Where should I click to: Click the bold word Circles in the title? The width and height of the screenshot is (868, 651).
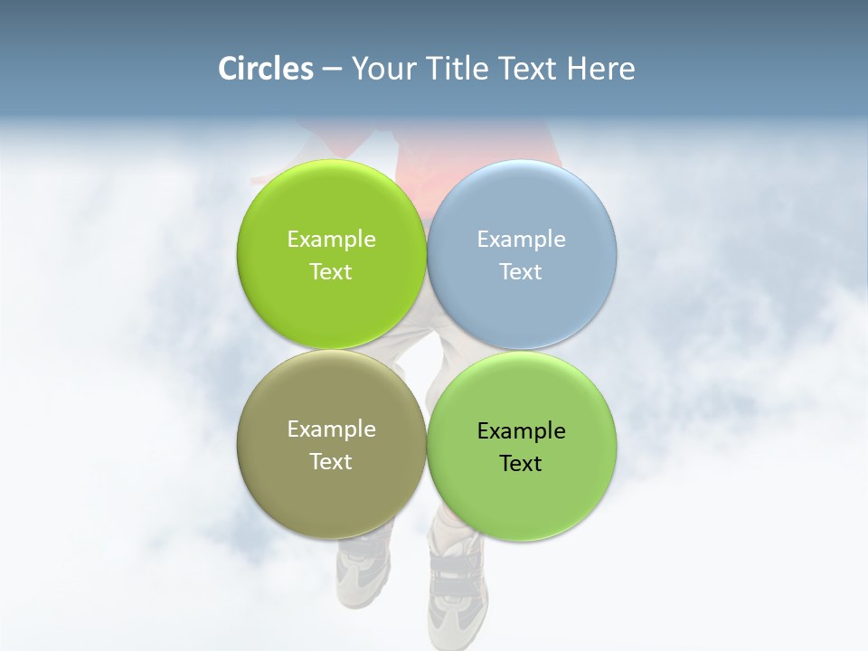[x=265, y=69]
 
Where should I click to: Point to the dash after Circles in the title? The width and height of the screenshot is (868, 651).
[x=332, y=69]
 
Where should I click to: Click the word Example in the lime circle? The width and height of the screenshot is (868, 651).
[x=331, y=239]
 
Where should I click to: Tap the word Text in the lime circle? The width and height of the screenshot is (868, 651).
[x=331, y=271]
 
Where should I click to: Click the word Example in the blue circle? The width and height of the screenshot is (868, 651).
[x=521, y=239]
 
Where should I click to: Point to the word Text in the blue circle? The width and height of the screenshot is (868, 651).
[x=521, y=271]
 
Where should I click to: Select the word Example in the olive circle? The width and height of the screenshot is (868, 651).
[x=331, y=429]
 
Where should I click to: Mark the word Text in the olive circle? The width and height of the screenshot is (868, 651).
[x=331, y=461]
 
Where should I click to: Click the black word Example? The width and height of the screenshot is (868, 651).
[x=521, y=430]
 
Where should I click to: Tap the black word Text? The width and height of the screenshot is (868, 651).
[x=521, y=463]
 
